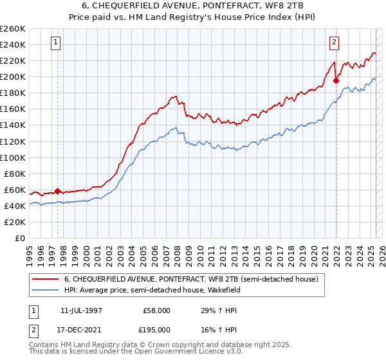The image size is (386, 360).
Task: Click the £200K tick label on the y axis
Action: click(13, 76)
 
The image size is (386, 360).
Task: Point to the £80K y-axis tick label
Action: click(15, 174)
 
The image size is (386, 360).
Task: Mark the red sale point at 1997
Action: click(57, 191)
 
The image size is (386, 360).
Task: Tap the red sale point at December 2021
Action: click(336, 80)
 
